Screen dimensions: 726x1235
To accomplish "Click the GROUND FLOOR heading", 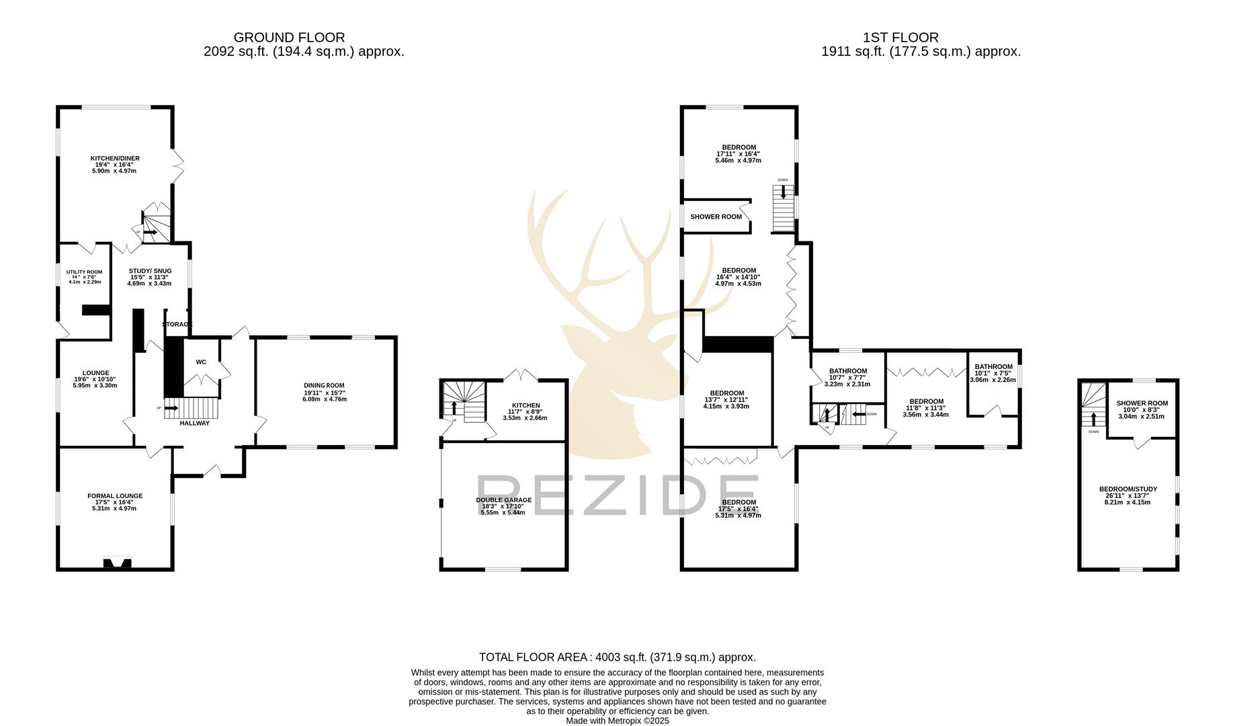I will [x=289, y=38].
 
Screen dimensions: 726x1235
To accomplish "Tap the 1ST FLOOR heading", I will [x=900, y=38].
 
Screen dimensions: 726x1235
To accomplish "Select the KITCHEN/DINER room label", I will [x=115, y=159].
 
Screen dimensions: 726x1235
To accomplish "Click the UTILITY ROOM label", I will [x=84, y=272].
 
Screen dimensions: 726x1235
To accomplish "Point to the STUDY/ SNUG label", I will [x=150, y=271].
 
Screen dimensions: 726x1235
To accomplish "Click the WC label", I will [x=201, y=362].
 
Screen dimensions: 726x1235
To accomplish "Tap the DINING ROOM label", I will [x=324, y=386].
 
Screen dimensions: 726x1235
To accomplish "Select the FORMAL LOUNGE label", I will [x=115, y=496].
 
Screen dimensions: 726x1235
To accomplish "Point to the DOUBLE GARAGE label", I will [x=503, y=500].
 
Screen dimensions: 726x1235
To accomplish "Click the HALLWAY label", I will [x=194, y=423].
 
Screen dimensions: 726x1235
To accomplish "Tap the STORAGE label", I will [x=177, y=325].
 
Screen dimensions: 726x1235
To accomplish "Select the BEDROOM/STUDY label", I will [x=1127, y=489].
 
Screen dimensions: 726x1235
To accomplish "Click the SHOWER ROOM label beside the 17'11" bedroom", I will [x=716, y=217].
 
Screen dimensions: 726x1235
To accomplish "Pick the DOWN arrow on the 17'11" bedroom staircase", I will [x=783, y=191].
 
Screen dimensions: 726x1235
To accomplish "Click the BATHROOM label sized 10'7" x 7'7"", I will [x=847, y=371].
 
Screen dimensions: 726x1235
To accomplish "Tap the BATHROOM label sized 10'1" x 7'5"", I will [x=993, y=367].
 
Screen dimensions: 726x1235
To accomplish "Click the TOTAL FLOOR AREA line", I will [x=617, y=657].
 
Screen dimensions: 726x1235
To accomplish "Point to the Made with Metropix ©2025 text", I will [x=617, y=721].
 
